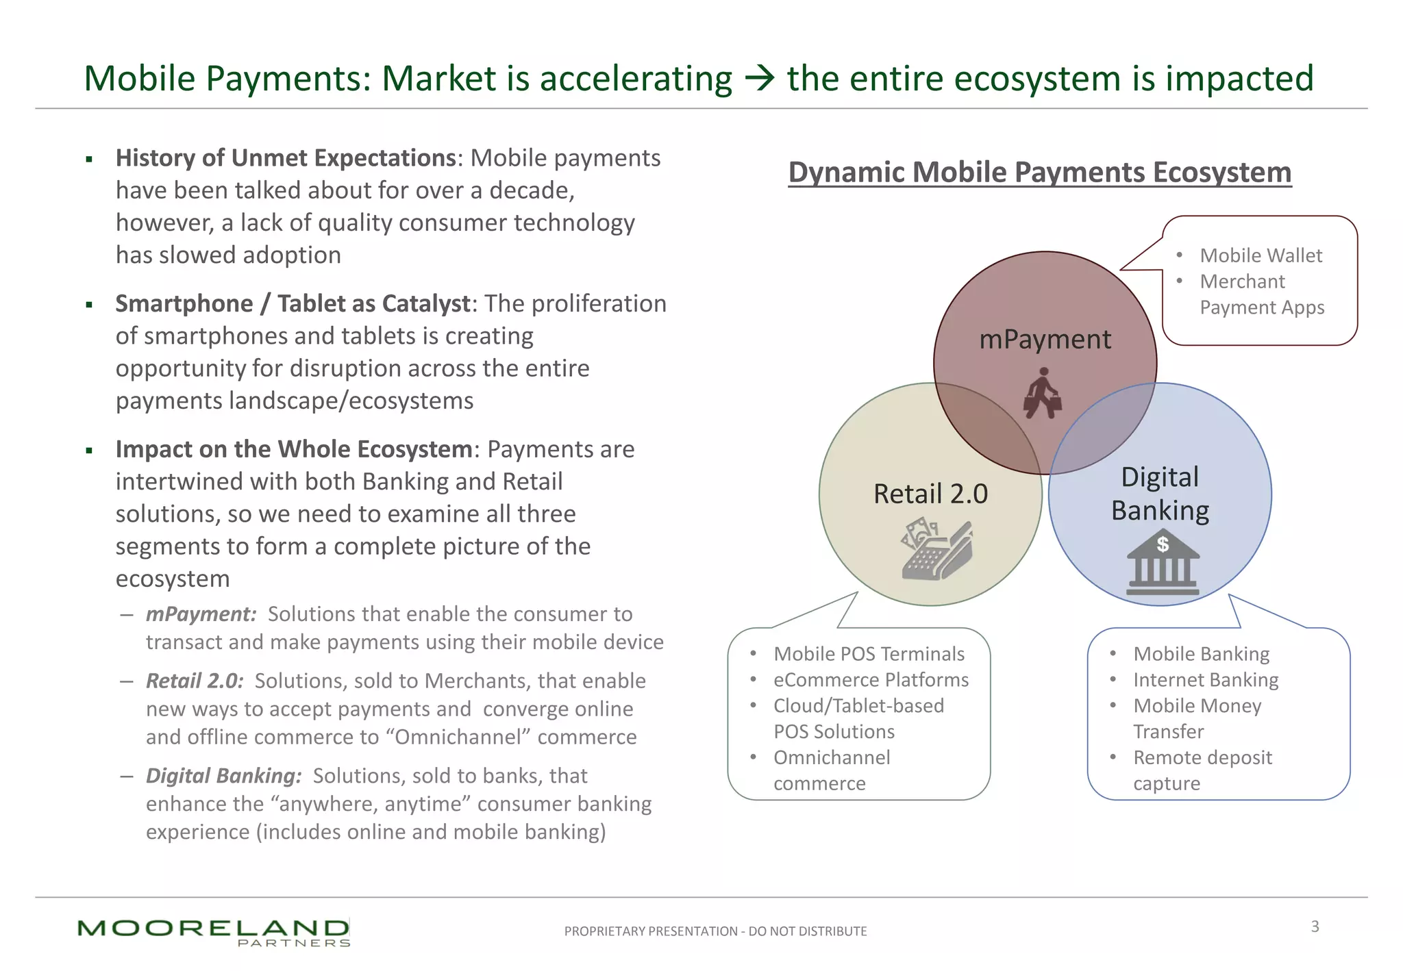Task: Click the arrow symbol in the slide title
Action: point(759,79)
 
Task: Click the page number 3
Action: point(1315,926)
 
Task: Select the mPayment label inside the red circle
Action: point(1045,340)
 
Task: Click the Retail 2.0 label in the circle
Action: point(930,494)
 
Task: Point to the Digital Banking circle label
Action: point(1160,494)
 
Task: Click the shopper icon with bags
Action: point(1043,393)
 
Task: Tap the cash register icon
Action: point(936,549)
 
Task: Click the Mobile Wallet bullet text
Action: point(1261,255)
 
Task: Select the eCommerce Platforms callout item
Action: point(871,680)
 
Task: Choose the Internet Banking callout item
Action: point(1206,680)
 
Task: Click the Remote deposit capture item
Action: point(1202,770)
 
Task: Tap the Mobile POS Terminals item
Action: point(869,654)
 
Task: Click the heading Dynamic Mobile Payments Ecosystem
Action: point(1039,172)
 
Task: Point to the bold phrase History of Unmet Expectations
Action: point(286,158)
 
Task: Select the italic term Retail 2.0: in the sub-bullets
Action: point(195,681)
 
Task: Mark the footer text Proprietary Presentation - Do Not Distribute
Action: point(715,931)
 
